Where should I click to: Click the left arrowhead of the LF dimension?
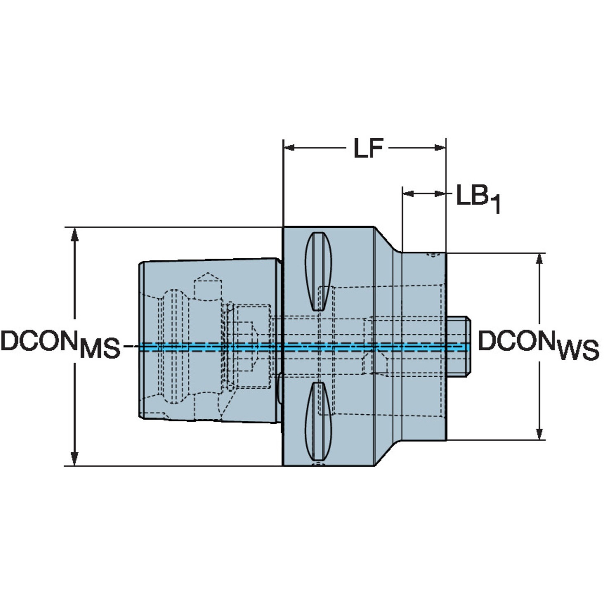click(289, 147)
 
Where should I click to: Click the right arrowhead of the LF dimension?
click(441, 147)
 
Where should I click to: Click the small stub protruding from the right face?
click(459, 346)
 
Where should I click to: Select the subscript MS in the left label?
click(100, 349)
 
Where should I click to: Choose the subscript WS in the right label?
click(578, 349)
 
